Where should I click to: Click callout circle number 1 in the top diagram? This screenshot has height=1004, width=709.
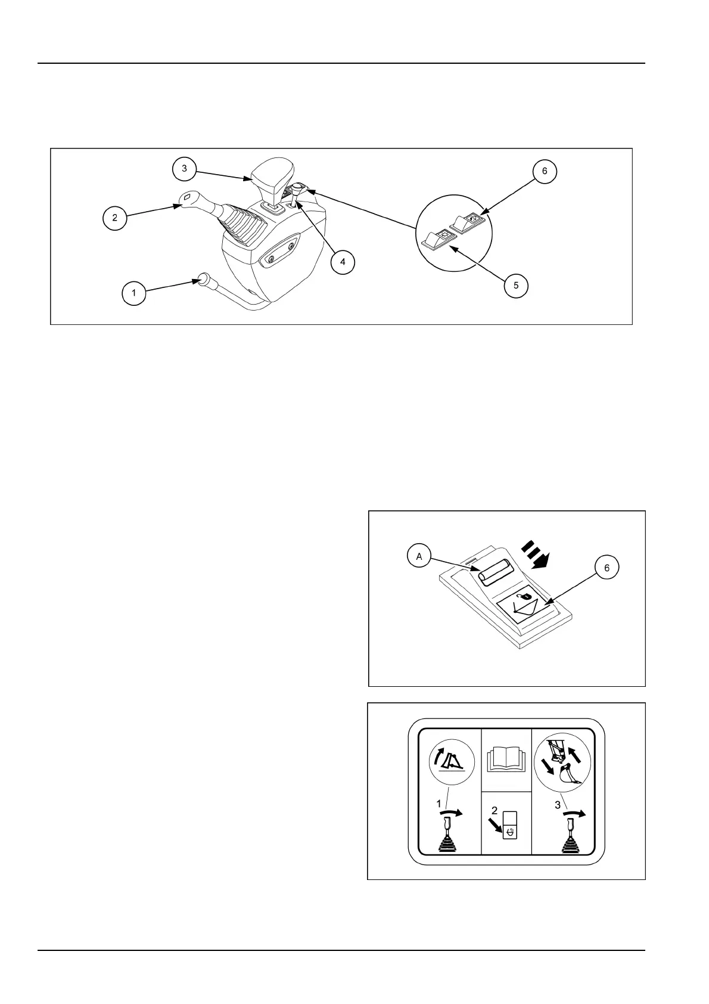134,293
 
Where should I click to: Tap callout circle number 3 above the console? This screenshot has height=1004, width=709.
185,169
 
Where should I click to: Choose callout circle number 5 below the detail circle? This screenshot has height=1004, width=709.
516,286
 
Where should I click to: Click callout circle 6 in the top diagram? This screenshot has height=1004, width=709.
545,172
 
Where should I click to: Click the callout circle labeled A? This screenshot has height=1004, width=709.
419,556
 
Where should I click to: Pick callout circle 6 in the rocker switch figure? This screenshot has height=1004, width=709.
607,568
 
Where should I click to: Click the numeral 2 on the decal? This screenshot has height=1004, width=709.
495,810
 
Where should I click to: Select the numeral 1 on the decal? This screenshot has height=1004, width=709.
439,804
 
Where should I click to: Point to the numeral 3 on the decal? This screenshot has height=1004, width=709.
557,805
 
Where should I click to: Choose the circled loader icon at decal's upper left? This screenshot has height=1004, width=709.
452,766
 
